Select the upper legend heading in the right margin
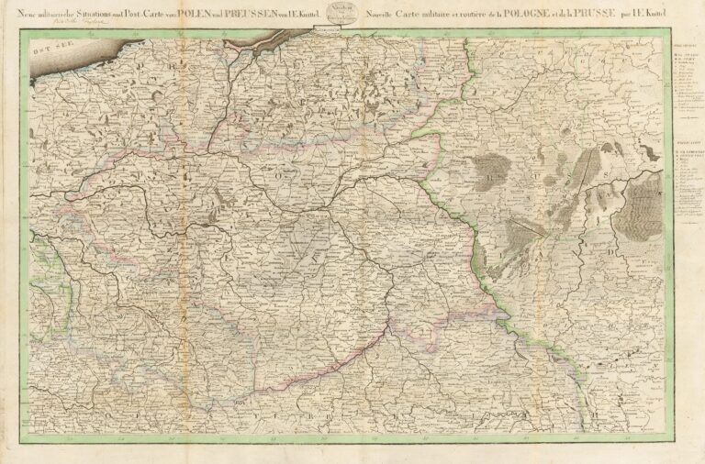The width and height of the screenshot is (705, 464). click(x=684, y=46)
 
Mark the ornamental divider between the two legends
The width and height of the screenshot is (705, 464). click(x=684, y=128)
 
